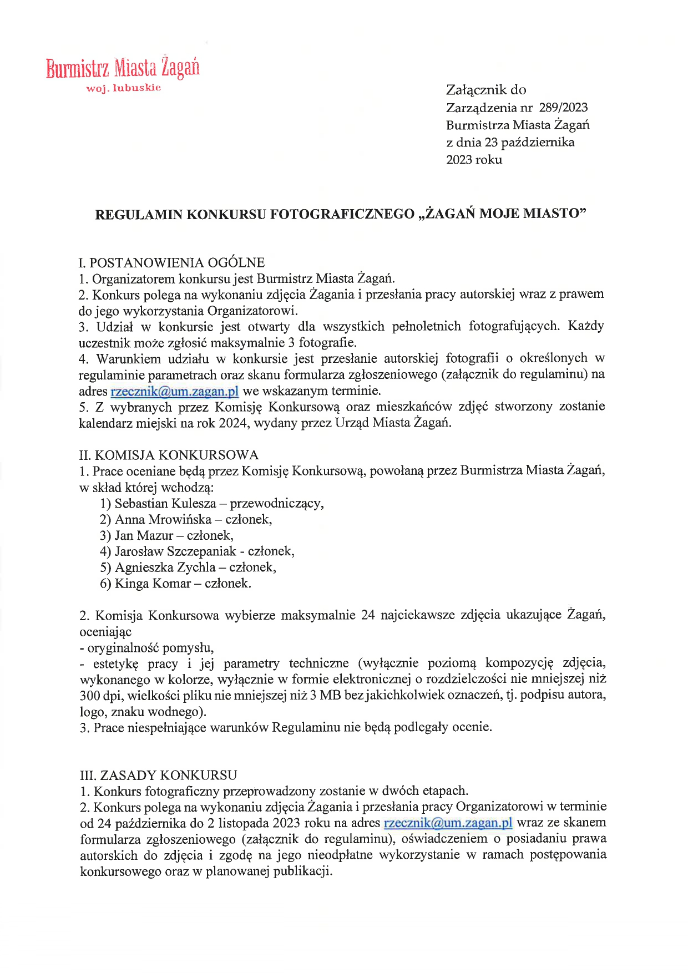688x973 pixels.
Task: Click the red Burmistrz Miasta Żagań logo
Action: (123, 68)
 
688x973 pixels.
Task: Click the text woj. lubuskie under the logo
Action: (123, 88)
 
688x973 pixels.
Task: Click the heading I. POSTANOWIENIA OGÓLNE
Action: (172, 262)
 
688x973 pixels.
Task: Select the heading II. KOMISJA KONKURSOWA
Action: (169, 455)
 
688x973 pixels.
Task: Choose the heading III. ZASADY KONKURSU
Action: (159, 775)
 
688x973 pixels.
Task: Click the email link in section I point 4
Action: (174, 391)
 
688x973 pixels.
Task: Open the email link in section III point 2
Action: (448, 823)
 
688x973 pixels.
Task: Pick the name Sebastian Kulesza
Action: (165, 504)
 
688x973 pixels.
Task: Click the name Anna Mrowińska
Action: (163, 520)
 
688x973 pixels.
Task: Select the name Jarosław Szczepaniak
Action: (175, 551)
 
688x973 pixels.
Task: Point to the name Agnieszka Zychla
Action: (165, 567)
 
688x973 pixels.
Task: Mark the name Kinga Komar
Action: (153, 584)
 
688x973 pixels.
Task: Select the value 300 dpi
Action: (98, 696)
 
